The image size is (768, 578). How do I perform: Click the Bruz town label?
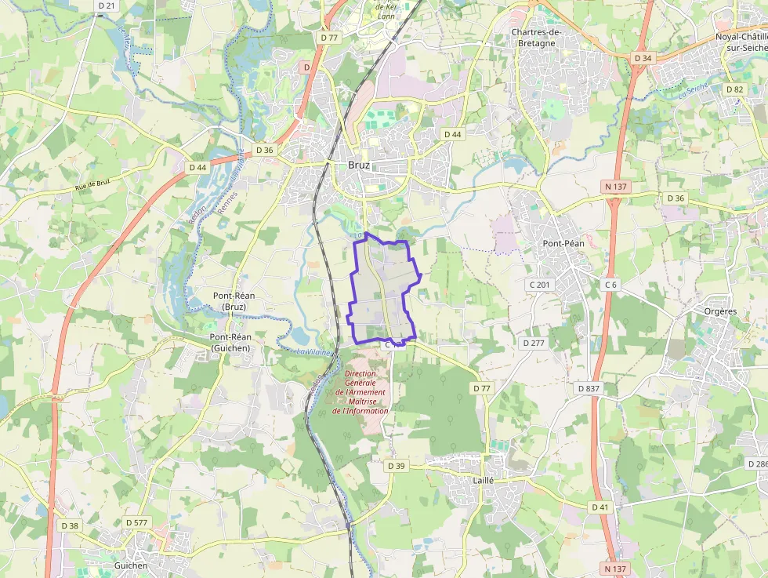(x=359, y=165)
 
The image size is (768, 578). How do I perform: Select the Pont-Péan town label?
(x=563, y=243)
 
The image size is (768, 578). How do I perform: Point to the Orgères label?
(x=720, y=311)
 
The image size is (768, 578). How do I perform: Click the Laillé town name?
(x=483, y=479)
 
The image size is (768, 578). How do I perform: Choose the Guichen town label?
(x=132, y=565)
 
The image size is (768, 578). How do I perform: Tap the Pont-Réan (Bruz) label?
(x=234, y=300)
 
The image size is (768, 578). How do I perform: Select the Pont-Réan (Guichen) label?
(x=230, y=342)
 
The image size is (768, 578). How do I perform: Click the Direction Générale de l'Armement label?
(x=360, y=392)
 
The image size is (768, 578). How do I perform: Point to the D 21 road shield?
(x=107, y=5)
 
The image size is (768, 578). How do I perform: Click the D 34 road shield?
(x=643, y=58)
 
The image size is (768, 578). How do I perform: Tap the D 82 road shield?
(x=734, y=89)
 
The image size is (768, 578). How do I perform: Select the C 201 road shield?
(x=539, y=283)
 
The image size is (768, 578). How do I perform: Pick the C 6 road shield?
(x=611, y=283)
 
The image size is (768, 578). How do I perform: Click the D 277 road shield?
(x=533, y=343)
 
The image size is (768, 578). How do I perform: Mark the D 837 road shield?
(x=588, y=388)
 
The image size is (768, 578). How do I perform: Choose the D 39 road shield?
(x=397, y=466)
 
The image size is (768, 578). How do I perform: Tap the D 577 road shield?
(x=136, y=522)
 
